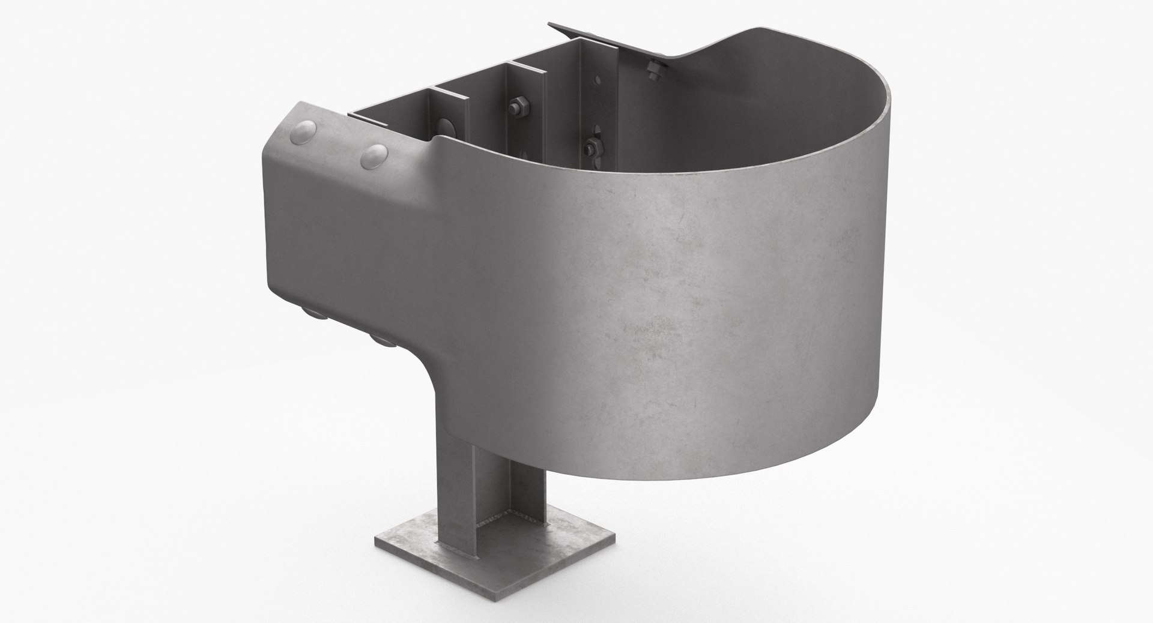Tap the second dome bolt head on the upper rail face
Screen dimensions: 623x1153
(375, 157)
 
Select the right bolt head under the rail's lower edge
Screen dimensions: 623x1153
(380, 340)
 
